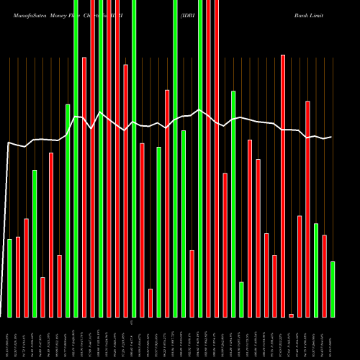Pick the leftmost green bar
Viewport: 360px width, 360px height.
(10, 278)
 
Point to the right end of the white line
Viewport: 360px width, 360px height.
(332, 137)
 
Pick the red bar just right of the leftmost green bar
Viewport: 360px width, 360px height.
(18, 276)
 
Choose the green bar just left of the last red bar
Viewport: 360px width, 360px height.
(316, 271)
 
